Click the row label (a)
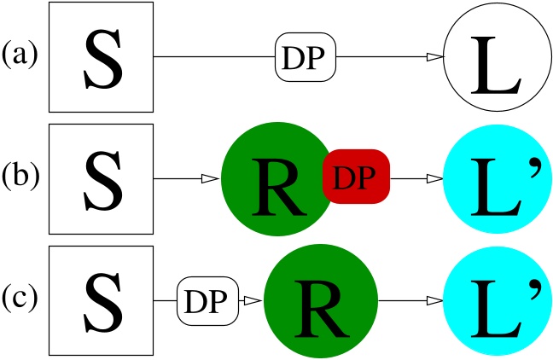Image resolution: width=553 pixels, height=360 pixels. (23, 57)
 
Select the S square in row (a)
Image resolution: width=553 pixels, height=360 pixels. (101, 57)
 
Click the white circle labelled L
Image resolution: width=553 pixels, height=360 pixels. (495, 58)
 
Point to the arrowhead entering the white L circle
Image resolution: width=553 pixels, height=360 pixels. (435, 57)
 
